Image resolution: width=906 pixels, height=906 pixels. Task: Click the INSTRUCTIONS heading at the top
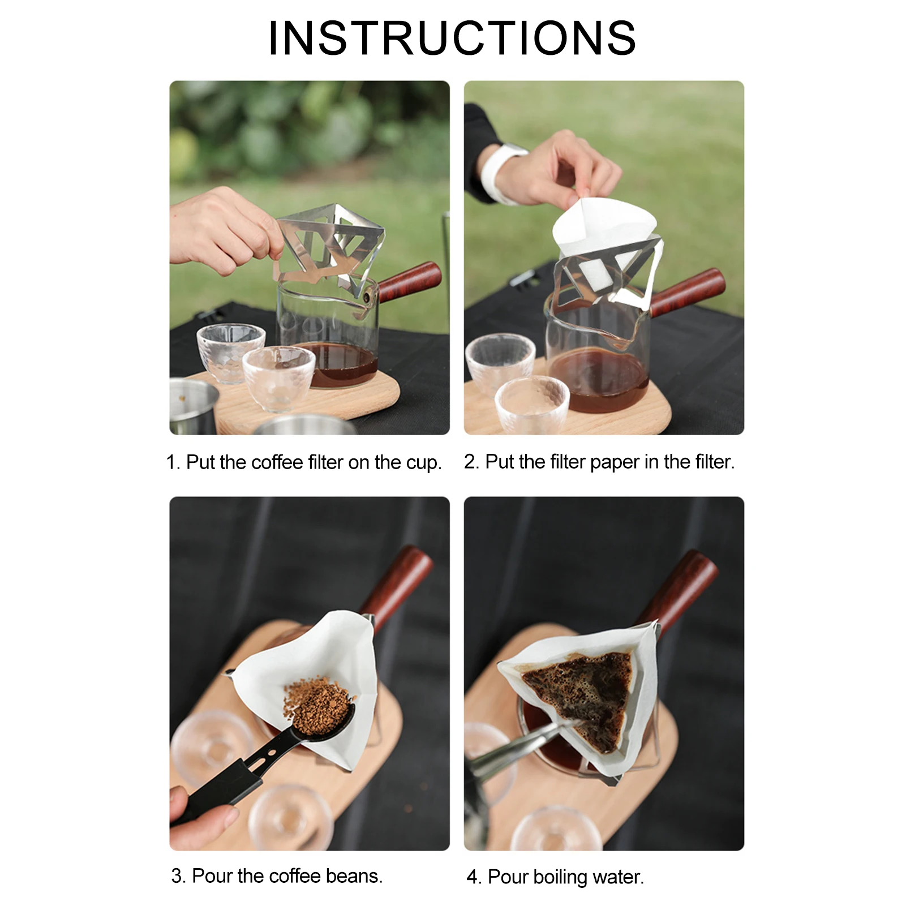click(x=452, y=38)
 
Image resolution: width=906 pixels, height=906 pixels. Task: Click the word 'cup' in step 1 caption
click(x=423, y=463)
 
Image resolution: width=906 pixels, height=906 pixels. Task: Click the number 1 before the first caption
click(x=171, y=462)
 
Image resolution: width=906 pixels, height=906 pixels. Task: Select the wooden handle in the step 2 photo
click(x=688, y=292)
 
